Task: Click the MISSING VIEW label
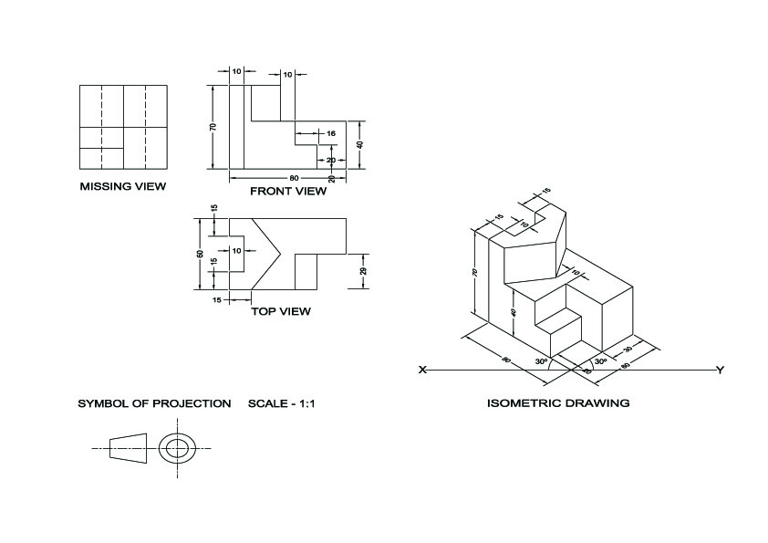[x=122, y=187]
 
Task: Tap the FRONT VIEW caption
[x=287, y=192]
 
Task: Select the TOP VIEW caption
[x=280, y=311]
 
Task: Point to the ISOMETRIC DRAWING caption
[x=558, y=402]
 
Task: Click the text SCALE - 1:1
[x=281, y=402]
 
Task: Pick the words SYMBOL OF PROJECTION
[x=154, y=402]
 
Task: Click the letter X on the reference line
[x=422, y=370]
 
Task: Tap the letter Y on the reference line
[x=721, y=370]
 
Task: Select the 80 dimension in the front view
[x=294, y=177]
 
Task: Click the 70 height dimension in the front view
[x=213, y=127]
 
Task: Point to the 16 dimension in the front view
[x=330, y=133]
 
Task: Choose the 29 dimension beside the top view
[x=363, y=271]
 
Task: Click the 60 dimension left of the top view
[x=201, y=255]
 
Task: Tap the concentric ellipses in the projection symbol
[x=178, y=447]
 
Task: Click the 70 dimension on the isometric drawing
[x=475, y=272]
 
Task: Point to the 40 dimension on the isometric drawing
[x=514, y=312]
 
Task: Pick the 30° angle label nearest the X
[x=541, y=361]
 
